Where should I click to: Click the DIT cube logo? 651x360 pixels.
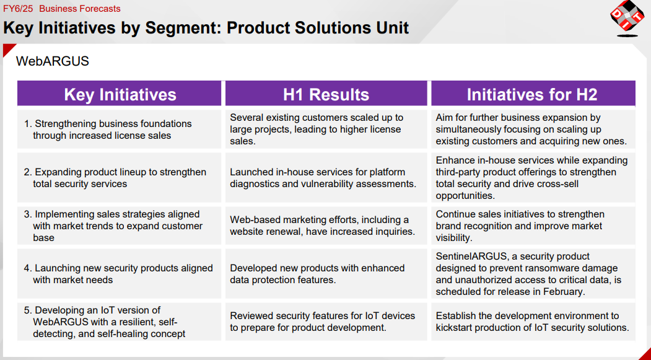coord(627,18)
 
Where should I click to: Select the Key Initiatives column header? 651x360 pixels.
coord(120,94)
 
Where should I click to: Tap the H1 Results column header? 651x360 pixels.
coord(326,94)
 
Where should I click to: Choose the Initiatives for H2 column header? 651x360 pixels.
coord(533,94)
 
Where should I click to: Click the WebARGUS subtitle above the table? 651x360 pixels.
coord(52,61)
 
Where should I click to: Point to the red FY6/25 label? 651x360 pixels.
coord(18,9)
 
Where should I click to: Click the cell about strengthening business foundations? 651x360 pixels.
coord(120,130)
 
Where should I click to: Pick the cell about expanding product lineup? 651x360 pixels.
coord(120,178)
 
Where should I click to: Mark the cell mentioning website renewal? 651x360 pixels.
coord(326,226)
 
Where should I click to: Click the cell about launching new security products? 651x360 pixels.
coord(120,274)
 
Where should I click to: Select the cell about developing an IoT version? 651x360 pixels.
coord(120,322)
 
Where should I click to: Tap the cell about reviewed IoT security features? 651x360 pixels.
coord(326,322)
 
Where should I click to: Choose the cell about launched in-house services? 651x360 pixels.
coord(326,178)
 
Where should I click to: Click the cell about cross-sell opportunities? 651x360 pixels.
coord(533,178)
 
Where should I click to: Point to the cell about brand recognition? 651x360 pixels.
coord(533,226)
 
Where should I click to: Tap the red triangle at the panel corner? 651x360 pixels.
coord(7,48)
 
